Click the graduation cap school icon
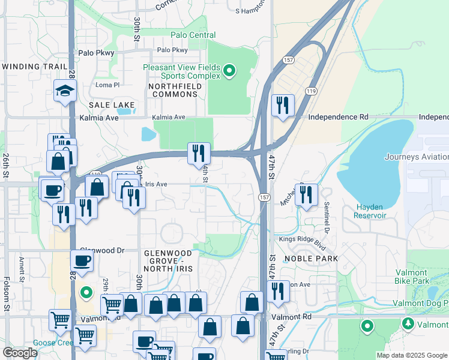(64, 91)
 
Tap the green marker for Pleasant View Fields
(229, 73)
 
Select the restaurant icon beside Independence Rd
(281, 106)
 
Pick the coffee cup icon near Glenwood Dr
(82, 261)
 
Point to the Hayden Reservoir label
(370, 211)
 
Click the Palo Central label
(193, 35)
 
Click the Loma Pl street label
(108, 85)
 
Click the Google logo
(20, 353)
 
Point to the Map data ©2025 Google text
(411, 355)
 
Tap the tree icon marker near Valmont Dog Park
(408, 324)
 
